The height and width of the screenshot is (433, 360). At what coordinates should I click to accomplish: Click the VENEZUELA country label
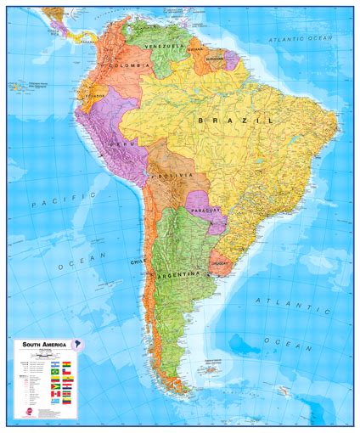click(x=165, y=45)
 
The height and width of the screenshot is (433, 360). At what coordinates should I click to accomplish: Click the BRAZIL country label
click(x=235, y=121)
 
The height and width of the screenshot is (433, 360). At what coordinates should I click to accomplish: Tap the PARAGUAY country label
click(x=205, y=209)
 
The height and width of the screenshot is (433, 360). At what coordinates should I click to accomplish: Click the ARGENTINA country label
click(x=179, y=275)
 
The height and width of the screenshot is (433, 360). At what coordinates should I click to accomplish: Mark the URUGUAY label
click(x=221, y=262)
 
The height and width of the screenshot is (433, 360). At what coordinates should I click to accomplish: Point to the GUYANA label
click(x=195, y=49)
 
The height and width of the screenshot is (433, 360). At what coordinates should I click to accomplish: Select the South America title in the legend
click(x=44, y=345)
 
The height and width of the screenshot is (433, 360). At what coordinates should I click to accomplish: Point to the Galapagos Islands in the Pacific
click(x=19, y=86)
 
